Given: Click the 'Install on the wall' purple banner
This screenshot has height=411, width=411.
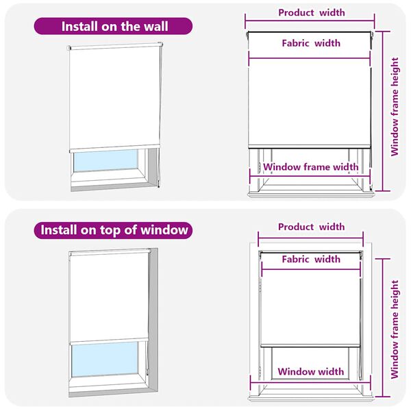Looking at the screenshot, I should point(114,27).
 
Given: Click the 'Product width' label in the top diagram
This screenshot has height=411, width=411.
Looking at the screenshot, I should point(311,12).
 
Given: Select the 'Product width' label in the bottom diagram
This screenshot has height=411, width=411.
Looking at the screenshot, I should point(311,227).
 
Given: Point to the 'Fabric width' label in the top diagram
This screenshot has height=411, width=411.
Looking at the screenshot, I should point(311,43).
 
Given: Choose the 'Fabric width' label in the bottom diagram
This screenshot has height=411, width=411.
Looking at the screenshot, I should point(311,260).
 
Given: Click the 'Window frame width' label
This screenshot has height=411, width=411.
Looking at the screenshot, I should point(311,166).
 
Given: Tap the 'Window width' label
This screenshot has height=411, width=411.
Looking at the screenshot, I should point(311,372).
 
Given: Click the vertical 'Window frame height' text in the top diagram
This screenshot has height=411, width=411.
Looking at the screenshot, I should point(395,106).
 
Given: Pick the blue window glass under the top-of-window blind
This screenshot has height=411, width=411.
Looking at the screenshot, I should point(106,359).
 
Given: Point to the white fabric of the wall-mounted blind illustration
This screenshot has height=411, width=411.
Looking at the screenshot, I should point(115,96).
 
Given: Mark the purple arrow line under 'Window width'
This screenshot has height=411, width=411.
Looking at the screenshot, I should point(311,382).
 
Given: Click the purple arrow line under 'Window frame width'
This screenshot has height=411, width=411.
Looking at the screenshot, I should point(311,176).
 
